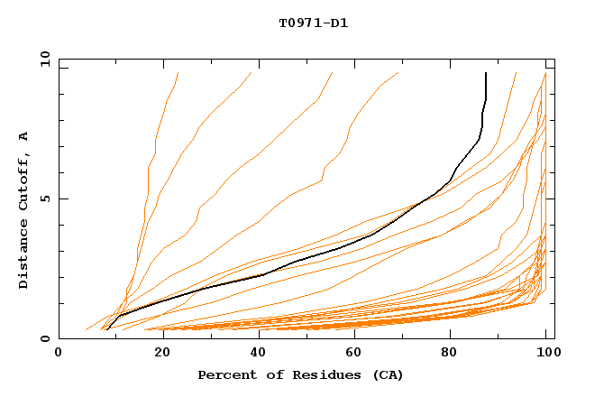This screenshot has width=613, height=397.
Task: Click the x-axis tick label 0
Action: (59, 353)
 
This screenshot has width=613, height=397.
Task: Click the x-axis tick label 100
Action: (547, 353)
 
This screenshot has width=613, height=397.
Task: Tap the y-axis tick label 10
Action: (43, 59)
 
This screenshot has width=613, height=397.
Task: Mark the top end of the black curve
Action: (486, 73)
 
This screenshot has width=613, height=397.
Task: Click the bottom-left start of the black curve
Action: (107, 329)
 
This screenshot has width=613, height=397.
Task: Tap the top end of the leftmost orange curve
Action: (178, 73)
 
